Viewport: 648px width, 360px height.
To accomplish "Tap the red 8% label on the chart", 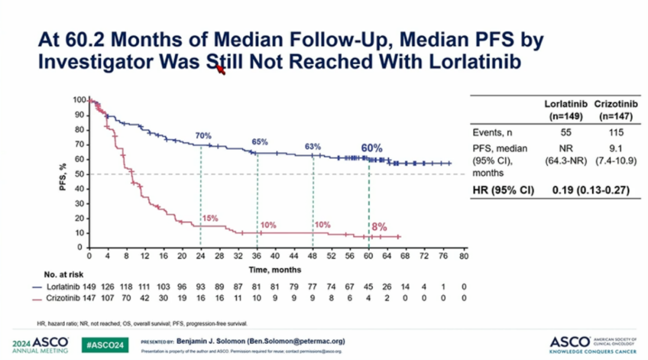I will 379,227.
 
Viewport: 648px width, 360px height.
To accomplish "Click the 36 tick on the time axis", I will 256,256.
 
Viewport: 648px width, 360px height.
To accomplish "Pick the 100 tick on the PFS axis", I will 78,100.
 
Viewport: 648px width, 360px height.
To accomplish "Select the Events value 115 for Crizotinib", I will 617,133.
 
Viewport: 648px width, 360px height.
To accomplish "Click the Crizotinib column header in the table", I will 617,109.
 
